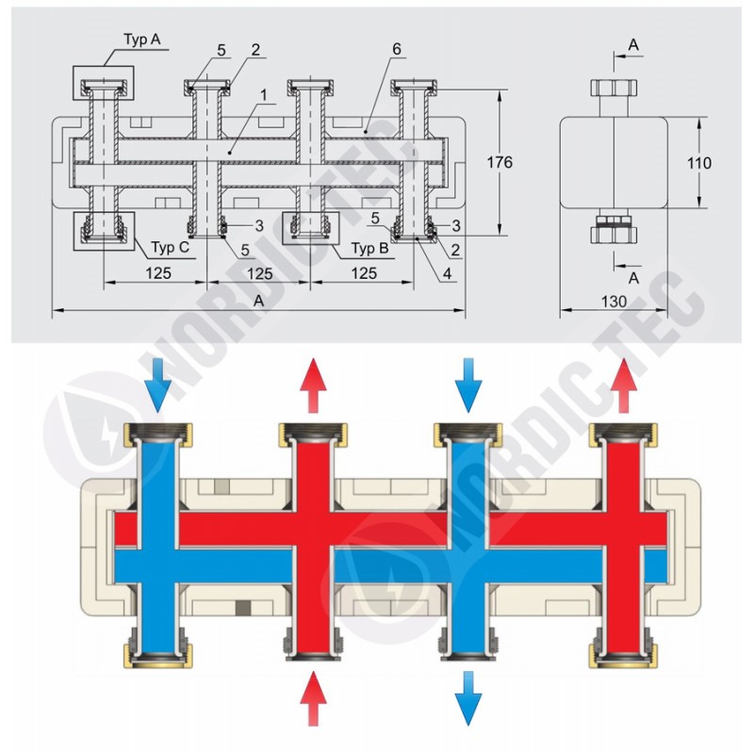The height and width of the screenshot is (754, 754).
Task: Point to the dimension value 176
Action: coord(500,162)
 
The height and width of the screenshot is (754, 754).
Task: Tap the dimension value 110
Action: coord(697,163)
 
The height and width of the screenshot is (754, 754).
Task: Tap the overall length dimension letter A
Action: coord(259,300)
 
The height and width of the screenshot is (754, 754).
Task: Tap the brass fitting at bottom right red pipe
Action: coord(622,654)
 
